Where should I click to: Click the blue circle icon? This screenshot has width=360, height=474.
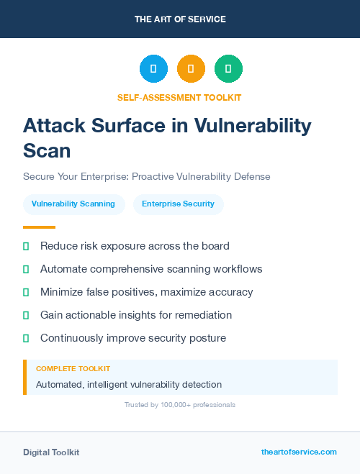point(153,69)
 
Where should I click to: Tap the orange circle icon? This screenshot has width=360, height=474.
point(191,69)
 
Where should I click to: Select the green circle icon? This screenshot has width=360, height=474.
point(228,69)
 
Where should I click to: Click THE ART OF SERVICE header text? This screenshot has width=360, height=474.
point(180,19)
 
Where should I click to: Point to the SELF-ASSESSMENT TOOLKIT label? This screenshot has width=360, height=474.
point(180,97)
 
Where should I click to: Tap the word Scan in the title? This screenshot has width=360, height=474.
point(48,150)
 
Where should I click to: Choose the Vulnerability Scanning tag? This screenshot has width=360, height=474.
point(73,204)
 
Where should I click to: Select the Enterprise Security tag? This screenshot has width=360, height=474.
point(178,204)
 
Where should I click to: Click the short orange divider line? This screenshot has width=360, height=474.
point(39,227)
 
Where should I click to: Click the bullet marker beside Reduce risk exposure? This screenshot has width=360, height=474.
point(26,246)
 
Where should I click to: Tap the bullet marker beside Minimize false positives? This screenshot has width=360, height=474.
point(26,292)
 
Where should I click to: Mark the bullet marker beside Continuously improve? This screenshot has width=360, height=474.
point(26,338)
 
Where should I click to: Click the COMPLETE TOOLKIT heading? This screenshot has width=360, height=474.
point(73,368)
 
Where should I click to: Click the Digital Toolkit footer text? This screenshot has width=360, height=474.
point(51,452)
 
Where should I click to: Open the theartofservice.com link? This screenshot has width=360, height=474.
point(299,452)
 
